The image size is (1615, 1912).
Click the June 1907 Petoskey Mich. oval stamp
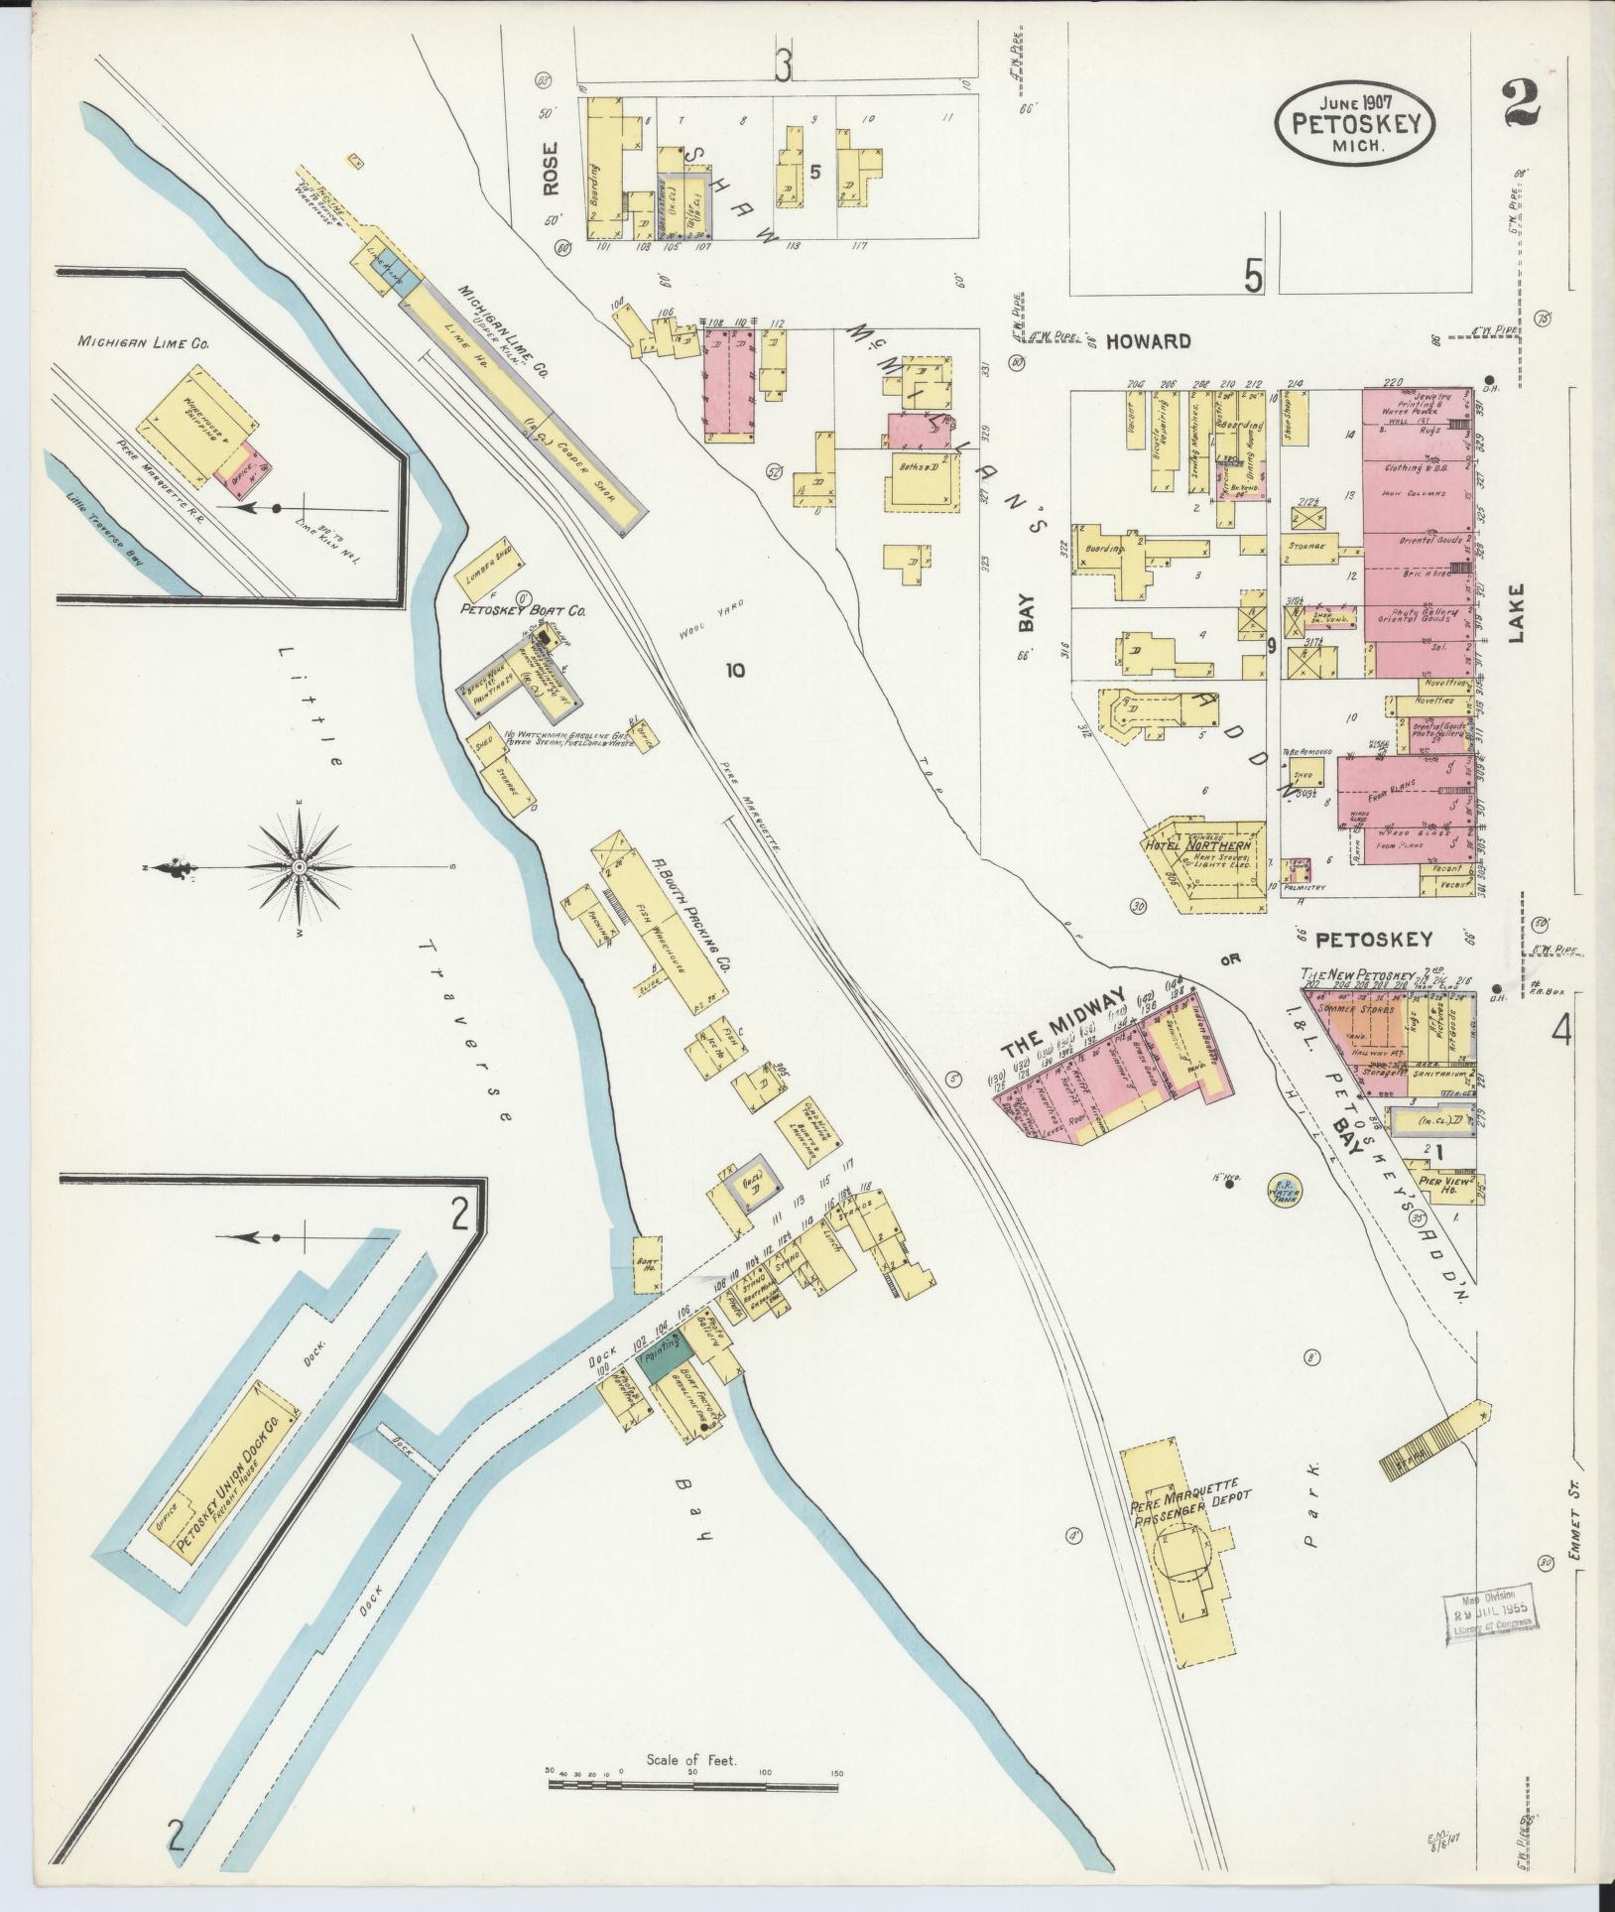pos(1355,123)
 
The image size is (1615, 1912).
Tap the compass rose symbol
pos(298,868)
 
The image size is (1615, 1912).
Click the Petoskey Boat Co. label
pos(522,611)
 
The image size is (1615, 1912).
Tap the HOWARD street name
pos(1148,341)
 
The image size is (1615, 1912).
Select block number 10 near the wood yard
pos(734,671)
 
